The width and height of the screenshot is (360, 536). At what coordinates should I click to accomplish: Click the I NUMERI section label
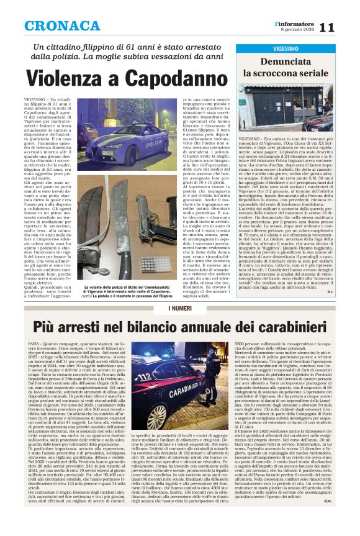[x=179, y=309]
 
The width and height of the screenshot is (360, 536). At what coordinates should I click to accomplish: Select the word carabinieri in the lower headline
[x=277, y=326]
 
